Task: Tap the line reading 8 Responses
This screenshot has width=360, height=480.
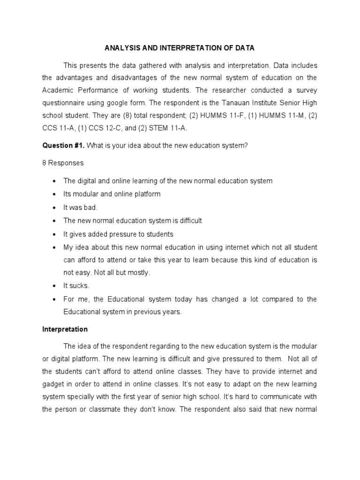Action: coord(63,163)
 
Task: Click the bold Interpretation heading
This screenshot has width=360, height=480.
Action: coord(65,329)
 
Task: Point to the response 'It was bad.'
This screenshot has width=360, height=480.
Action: coord(81,207)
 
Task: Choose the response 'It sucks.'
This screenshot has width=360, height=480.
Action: coord(76,285)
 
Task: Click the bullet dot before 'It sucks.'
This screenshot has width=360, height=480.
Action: coord(55,286)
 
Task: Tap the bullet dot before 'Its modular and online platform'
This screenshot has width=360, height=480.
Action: coord(55,194)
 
